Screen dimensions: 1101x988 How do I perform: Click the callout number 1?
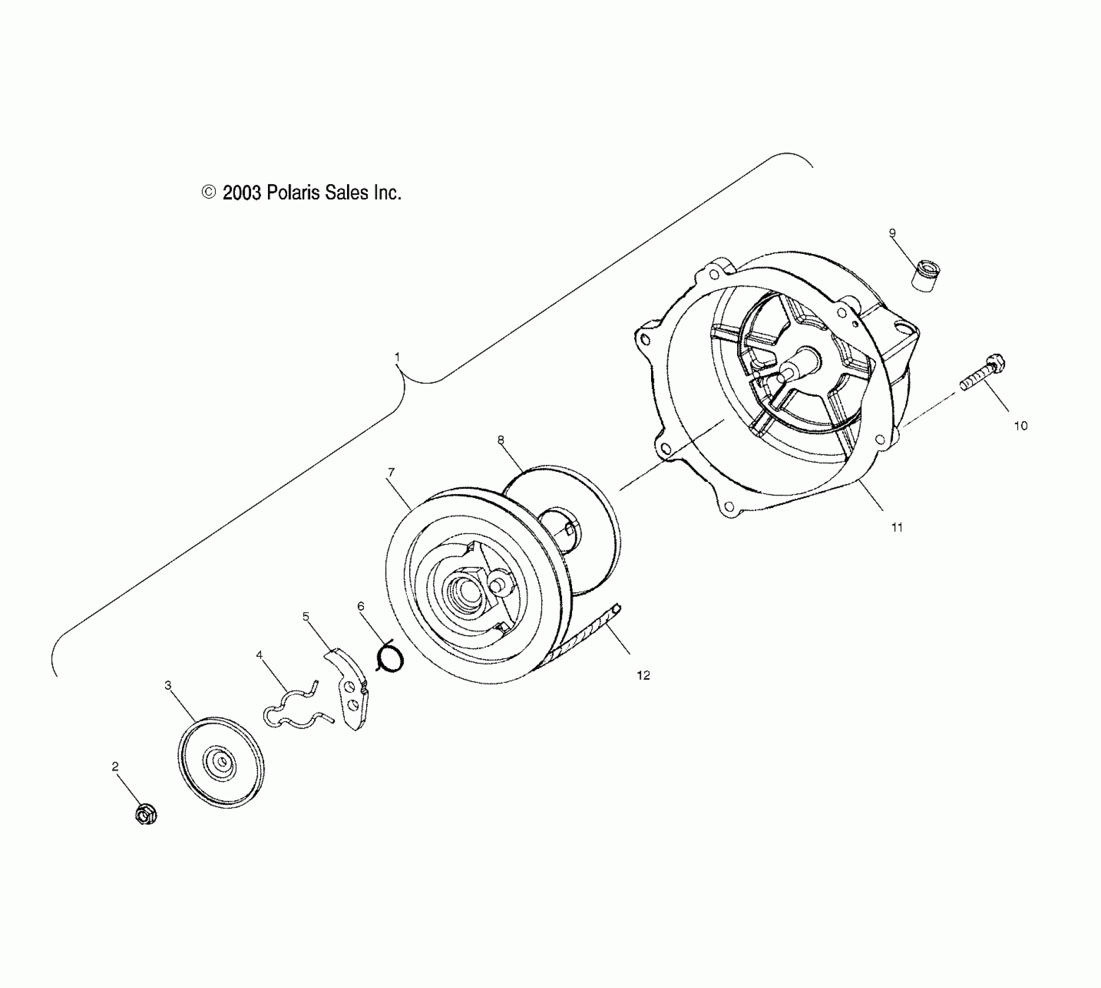coord(397,356)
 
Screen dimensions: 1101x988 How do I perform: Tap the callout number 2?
coord(115,767)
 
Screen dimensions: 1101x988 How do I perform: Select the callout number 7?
coord(391,472)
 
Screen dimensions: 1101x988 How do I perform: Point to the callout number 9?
coord(892,234)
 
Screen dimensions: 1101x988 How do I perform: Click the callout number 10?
coord(1021,425)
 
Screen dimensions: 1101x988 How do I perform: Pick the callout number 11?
coord(897,527)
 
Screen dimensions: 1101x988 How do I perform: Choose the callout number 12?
coord(643,675)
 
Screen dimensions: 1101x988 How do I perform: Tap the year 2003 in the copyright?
coord(242,192)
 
